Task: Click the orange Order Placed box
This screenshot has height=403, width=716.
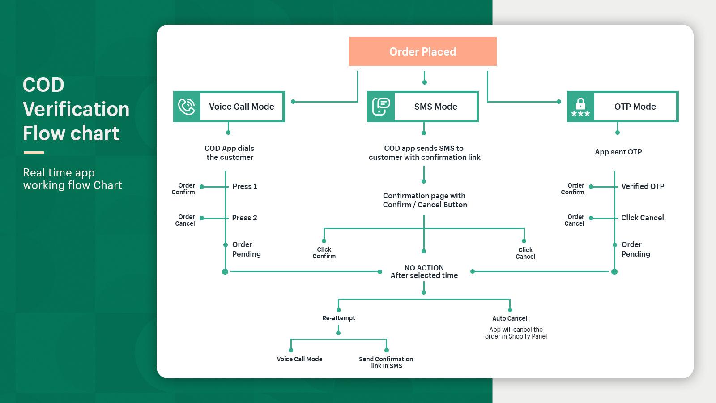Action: (422, 51)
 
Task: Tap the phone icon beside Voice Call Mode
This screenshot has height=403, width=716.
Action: (187, 107)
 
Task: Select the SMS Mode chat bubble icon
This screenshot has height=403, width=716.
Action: (381, 107)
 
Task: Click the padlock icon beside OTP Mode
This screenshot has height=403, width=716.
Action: (580, 107)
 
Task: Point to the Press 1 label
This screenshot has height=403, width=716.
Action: (244, 186)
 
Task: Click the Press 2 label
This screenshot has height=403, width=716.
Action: (244, 218)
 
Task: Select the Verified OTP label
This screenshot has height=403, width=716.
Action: (642, 186)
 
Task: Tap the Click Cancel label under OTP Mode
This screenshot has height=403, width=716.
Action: (642, 218)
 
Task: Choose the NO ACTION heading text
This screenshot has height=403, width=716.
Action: (424, 268)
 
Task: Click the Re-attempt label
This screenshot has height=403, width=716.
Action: (338, 318)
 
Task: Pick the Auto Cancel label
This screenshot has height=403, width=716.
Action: (509, 318)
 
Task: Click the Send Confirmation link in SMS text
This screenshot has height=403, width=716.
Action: (386, 362)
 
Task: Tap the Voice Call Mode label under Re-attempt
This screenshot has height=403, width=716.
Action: (299, 359)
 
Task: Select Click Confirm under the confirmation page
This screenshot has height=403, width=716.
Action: (324, 253)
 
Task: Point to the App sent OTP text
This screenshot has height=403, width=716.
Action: (618, 152)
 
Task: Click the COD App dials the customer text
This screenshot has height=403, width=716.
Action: (229, 153)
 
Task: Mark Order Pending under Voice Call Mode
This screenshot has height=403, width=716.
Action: (246, 249)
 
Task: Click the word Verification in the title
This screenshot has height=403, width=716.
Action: (76, 109)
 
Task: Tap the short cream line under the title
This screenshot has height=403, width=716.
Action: (34, 153)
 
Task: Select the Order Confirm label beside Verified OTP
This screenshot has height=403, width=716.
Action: (573, 189)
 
